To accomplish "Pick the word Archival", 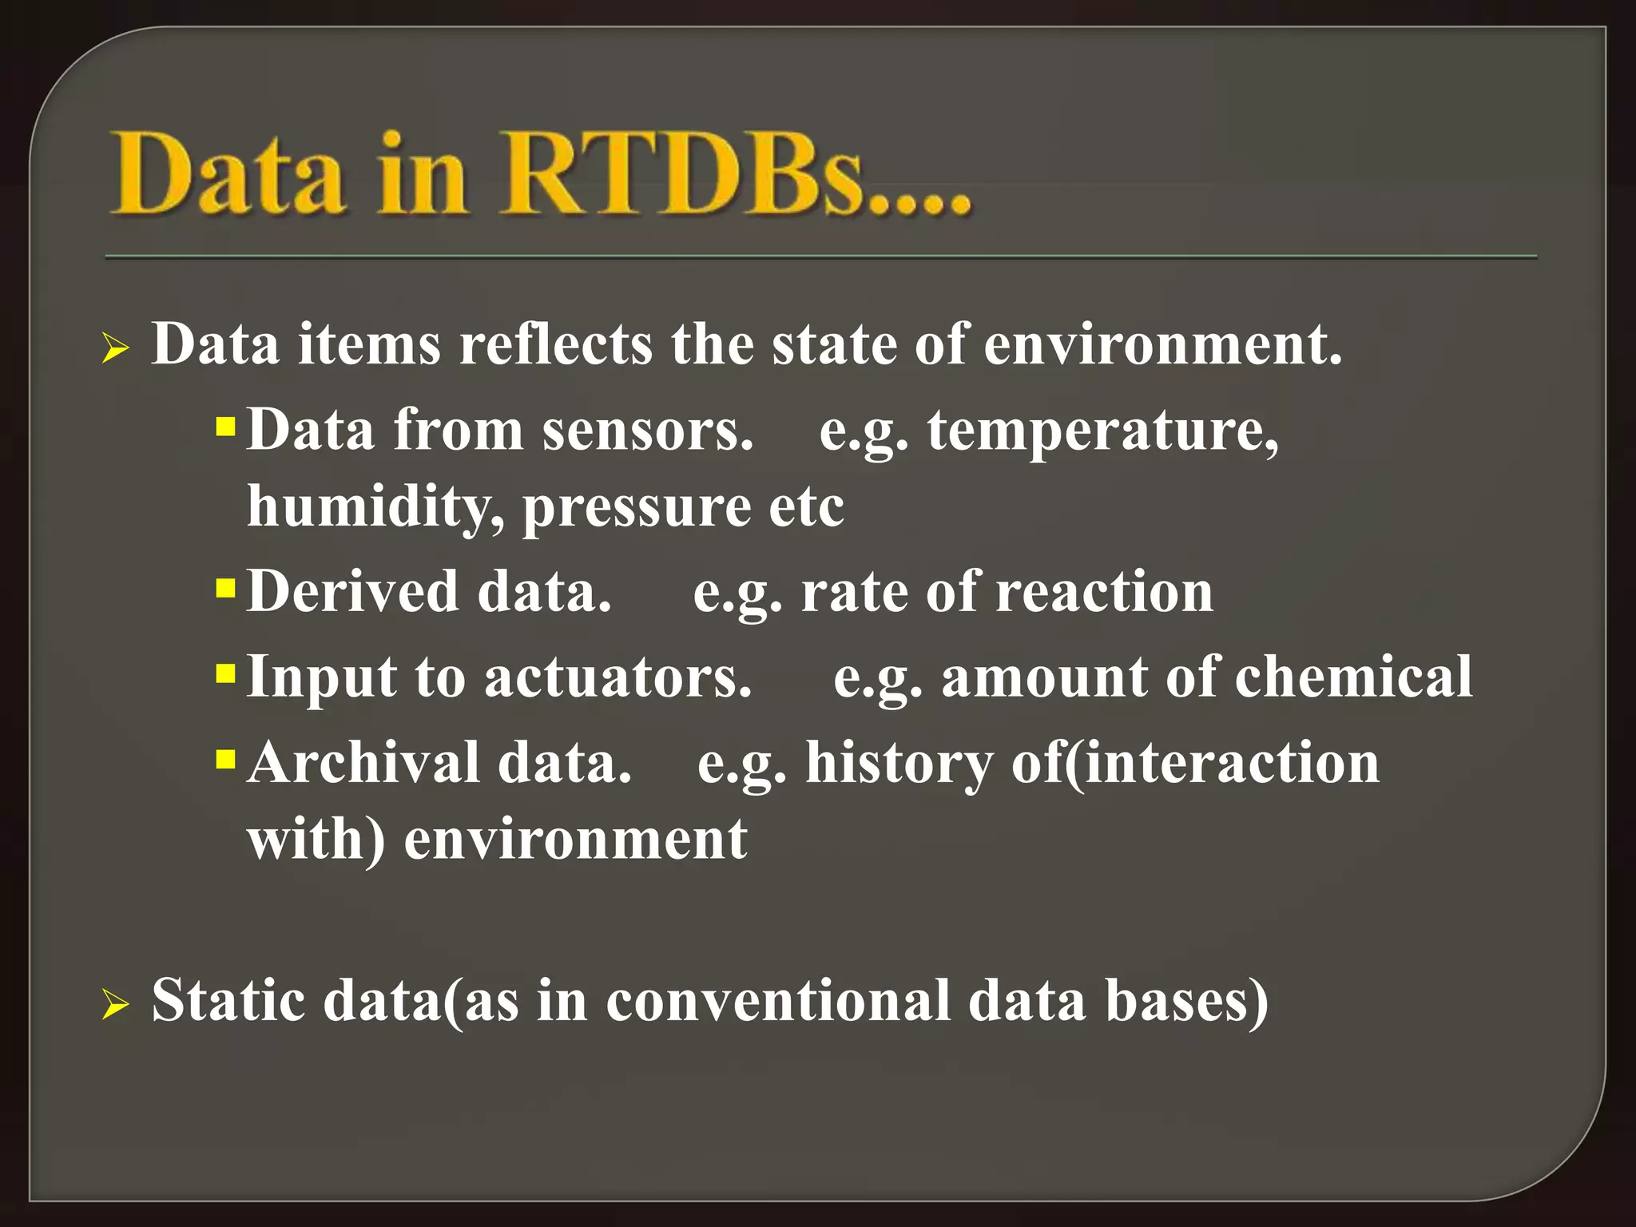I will click(x=363, y=763).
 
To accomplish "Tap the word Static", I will click(x=228, y=1001).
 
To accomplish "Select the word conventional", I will click(x=778, y=1001).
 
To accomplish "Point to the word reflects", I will click(x=556, y=345).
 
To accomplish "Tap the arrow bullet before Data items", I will click(x=115, y=349).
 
